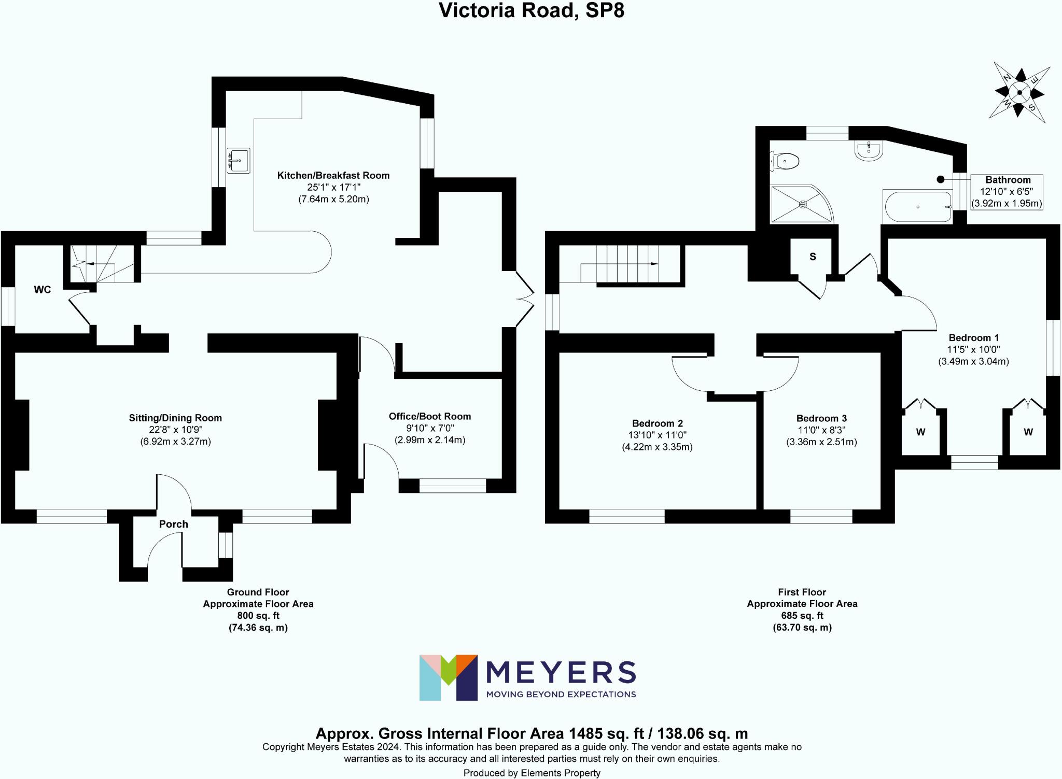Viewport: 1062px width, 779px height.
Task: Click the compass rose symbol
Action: pyautogui.click(x=1019, y=93)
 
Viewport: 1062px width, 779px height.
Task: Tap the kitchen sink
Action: pyautogui.click(x=238, y=160)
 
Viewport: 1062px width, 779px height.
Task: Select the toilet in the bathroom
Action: pyautogui.click(x=785, y=161)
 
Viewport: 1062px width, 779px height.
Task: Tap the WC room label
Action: pyautogui.click(x=43, y=290)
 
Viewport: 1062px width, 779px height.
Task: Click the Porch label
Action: pyautogui.click(x=173, y=524)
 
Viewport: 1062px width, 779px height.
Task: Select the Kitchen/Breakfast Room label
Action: pyautogui.click(x=333, y=175)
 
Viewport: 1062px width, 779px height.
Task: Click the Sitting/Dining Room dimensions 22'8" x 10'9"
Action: pyautogui.click(x=175, y=430)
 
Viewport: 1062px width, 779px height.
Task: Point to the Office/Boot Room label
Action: pyautogui.click(x=430, y=416)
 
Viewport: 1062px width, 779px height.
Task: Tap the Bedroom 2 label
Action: pyautogui.click(x=657, y=423)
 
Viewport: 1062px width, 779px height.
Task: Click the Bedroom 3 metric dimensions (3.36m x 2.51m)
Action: pyautogui.click(x=821, y=442)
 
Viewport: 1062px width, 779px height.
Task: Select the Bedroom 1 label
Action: pyautogui.click(x=973, y=337)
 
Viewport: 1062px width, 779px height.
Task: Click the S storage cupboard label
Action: pyautogui.click(x=813, y=257)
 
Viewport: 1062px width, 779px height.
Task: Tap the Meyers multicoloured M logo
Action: pyautogui.click(x=448, y=677)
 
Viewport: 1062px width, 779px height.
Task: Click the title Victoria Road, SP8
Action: pyautogui.click(x=531, y=10)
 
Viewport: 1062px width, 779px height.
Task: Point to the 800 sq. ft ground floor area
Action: pyautogui.click(x=258, y=616)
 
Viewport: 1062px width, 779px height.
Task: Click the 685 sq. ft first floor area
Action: pyautogui.click(x=802, y=616)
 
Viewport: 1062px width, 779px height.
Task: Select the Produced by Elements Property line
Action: pyautogui.click(x=532, y=773)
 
